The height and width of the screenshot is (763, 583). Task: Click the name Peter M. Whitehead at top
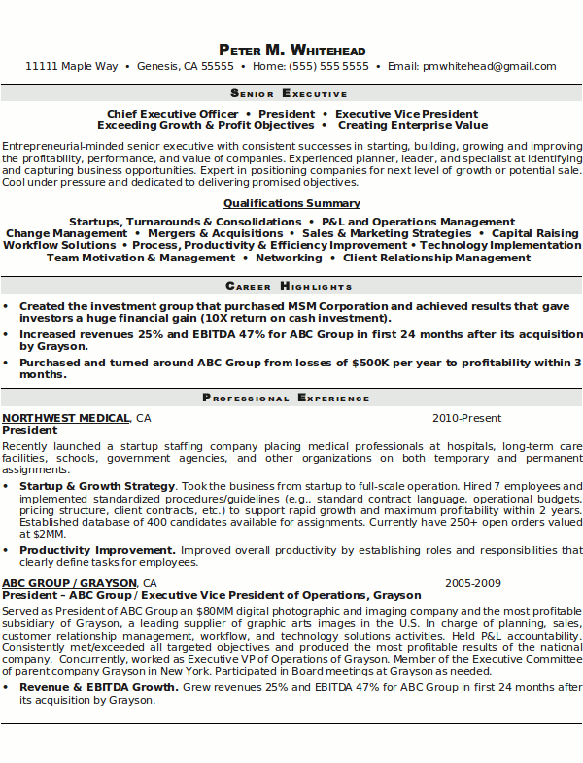pos(291,50)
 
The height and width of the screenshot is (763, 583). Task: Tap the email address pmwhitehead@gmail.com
pos(490,67)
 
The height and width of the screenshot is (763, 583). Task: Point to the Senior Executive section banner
pos(291,94)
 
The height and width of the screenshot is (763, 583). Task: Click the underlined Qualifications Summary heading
pos(291,204)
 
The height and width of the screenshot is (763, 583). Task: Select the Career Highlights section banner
pos(291,287)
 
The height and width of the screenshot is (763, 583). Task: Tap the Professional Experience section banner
pos(291,398)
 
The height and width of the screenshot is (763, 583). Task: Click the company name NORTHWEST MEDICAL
pos(66,418)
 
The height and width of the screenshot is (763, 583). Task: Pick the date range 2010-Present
pos(466,418)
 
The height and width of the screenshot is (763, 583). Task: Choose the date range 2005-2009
pos(473,583)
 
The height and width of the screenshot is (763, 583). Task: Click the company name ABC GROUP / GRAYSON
pos(69,583)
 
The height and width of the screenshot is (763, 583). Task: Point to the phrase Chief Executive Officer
pos(159,114)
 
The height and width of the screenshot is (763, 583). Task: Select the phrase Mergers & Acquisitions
pos(217,233)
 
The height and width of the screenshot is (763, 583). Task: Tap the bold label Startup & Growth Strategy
pos(97,485)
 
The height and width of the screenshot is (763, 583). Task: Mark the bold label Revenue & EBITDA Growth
pos(99,687)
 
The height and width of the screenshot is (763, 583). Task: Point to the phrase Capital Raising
pos(534,233)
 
